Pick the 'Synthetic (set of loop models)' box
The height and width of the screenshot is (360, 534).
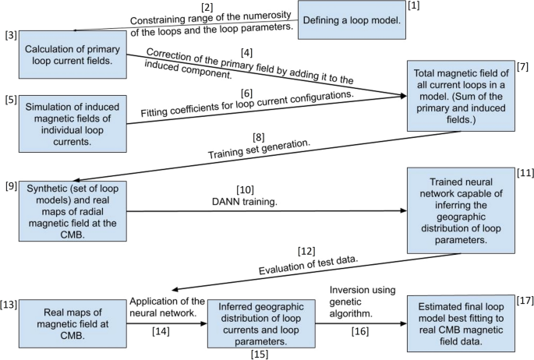point(71,210)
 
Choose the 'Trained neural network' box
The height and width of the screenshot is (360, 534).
point(461,210)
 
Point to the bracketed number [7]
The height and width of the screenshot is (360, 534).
point(522,68)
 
